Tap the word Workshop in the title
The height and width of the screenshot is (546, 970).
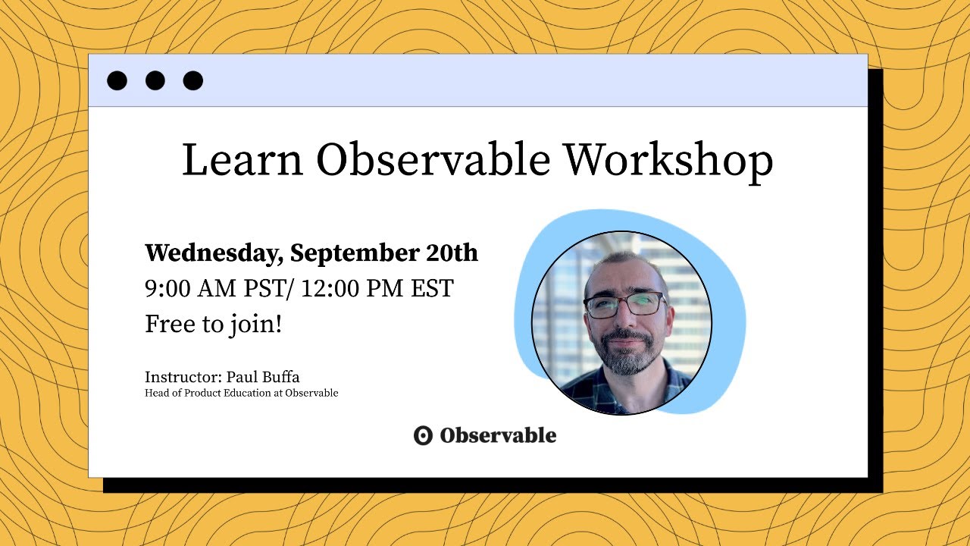[668, 161]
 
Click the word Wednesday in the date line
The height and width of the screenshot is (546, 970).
[213, 253]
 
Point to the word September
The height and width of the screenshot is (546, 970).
[354, 253]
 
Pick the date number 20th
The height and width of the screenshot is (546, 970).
[452, 253]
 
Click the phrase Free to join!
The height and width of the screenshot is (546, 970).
[214, 325]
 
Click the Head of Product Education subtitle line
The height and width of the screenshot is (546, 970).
[241, 393]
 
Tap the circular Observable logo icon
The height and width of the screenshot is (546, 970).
[423, 435]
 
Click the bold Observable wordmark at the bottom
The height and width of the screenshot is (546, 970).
[498, 435]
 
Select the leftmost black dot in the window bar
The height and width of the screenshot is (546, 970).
[117, 80]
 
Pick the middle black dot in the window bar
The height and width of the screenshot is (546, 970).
[155, 80]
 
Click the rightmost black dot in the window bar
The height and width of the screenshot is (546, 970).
[193, 80]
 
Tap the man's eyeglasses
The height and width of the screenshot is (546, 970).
[624, 305]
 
